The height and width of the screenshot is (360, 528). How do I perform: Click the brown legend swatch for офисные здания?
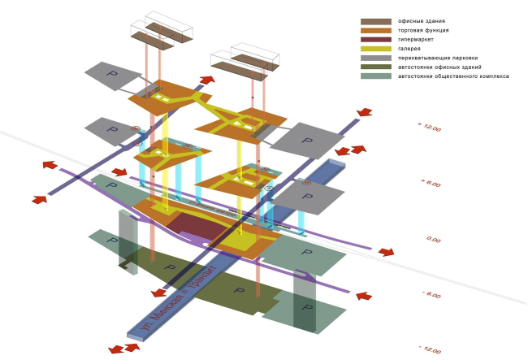point(375,21)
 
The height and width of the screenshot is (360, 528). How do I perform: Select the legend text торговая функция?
point(423,30)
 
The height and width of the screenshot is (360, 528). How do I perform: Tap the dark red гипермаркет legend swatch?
point(375,39)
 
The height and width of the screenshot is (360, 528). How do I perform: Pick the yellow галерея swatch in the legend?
point(375,48)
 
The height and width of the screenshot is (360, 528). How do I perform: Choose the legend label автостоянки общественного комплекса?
point(453,76)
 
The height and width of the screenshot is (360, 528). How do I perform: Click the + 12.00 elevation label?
point(430,128)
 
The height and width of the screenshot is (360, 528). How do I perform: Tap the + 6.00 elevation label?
point(431,183)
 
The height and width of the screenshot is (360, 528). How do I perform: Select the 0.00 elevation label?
point(433,240)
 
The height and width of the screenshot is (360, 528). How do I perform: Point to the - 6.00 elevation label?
point(431,295)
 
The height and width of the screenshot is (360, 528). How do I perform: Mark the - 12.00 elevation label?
point(431,349)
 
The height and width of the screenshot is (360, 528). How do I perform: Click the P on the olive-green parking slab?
point(238,290)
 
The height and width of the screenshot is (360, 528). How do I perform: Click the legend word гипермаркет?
point(416,39)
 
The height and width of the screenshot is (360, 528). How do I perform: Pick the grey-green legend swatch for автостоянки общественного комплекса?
point(375,76)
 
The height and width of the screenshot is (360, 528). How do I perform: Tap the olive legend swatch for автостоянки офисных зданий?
point(375,67)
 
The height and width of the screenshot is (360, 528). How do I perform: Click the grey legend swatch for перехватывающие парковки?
point(375,58)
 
